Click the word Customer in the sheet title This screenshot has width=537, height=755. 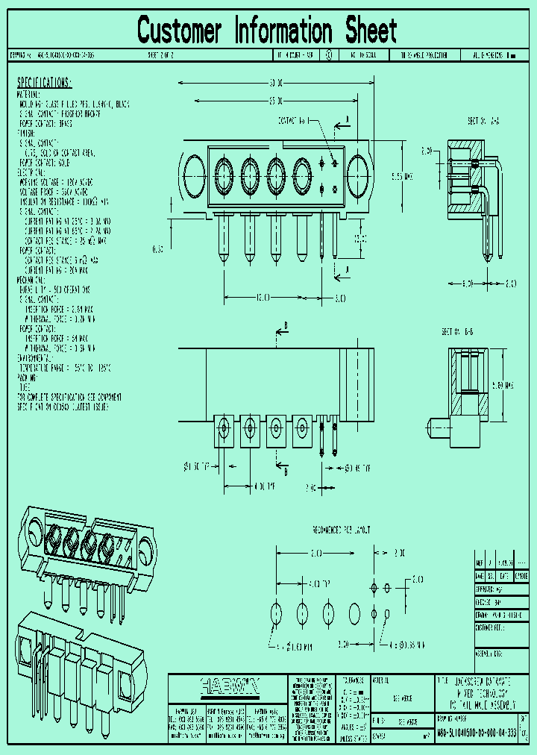[180, 31]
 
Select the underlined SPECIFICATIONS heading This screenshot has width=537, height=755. [44, 82]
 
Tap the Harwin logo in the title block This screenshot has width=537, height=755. [228, 685]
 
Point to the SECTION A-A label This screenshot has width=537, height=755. [484, 120]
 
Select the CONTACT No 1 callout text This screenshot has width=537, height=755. [292, 120]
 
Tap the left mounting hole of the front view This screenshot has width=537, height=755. [194, 175]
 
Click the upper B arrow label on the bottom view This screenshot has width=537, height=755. [285, 326]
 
